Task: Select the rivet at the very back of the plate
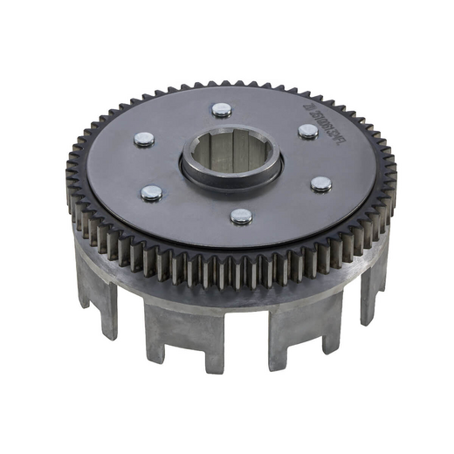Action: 222,110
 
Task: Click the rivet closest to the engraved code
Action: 307,131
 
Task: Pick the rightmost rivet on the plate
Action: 320,184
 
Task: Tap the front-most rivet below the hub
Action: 241,216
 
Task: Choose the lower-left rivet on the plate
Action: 151,193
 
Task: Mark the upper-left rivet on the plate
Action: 144,138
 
